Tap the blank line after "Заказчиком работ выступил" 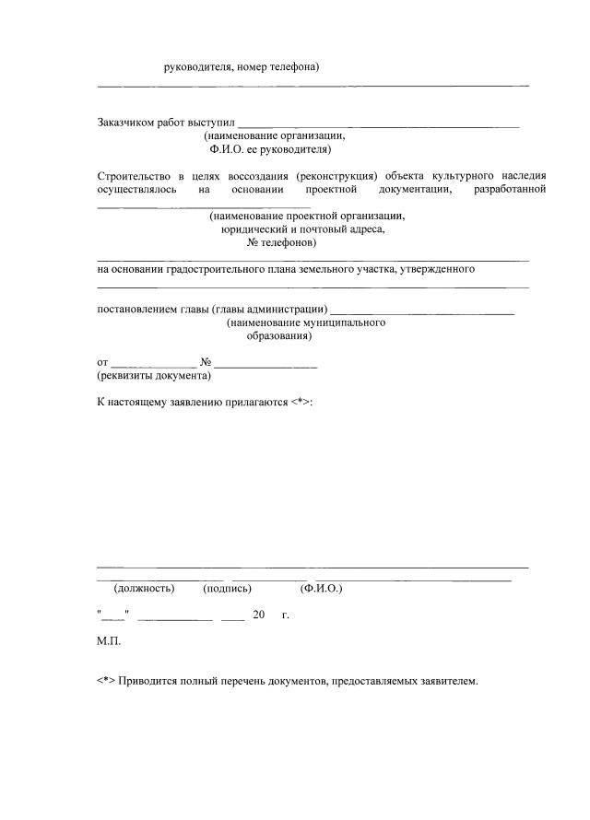point(378,124)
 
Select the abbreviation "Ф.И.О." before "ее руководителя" point(227,148)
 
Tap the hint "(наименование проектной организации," point(306,216)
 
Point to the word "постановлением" point(139,309)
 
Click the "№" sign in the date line point(206,362)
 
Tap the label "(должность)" point(143,588)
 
